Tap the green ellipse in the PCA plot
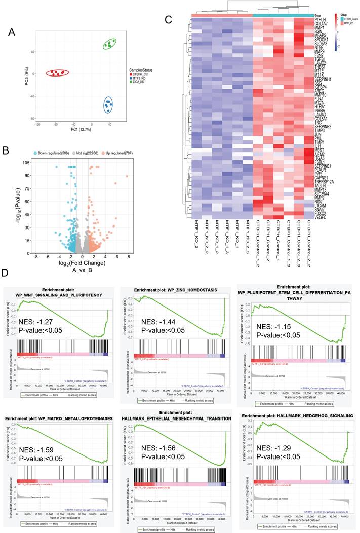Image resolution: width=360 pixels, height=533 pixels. (109, 45)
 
